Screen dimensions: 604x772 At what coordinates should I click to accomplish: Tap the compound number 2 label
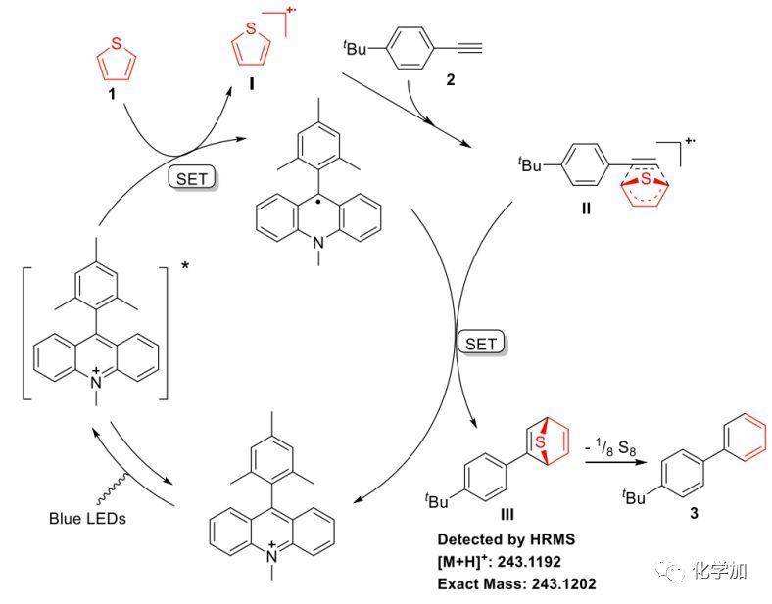[x=450, y=80]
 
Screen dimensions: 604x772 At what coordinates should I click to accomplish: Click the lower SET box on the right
[x=481, y=343]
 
